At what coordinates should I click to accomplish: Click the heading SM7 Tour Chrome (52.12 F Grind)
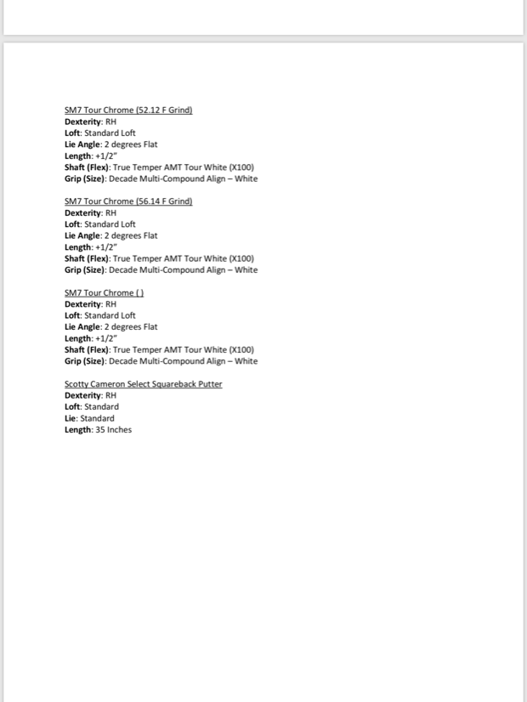click(128, 110)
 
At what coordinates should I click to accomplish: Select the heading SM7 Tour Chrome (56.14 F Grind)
click(128, 201)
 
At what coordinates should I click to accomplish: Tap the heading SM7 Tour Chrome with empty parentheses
click(104, 293)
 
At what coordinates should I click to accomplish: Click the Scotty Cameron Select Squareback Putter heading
click(143, 384)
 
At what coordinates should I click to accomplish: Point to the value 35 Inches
click(114, 430)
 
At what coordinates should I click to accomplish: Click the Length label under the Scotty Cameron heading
click(78, 430)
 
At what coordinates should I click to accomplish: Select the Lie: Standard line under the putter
click(89, 418)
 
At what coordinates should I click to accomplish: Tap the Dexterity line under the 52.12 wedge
click(90, 122)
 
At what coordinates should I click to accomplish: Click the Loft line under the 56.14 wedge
click(99, 224)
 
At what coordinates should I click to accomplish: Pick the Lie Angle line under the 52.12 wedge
click(110, 144)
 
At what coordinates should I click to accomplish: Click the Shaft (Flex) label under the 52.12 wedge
click(87, 167)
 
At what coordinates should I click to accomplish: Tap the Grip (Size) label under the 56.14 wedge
click(85, 270)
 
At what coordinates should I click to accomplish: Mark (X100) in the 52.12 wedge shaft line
click(242, 167)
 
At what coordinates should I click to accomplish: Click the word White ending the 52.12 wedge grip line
click(246, 179)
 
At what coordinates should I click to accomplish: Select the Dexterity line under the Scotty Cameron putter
click(90, 395)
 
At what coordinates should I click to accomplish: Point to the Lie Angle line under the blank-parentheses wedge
click(110, 327)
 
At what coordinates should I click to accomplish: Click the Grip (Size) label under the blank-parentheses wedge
click(85, 361)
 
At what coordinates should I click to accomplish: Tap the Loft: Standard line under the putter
click(91, 407)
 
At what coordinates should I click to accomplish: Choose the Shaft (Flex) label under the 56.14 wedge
click(87, 258)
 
